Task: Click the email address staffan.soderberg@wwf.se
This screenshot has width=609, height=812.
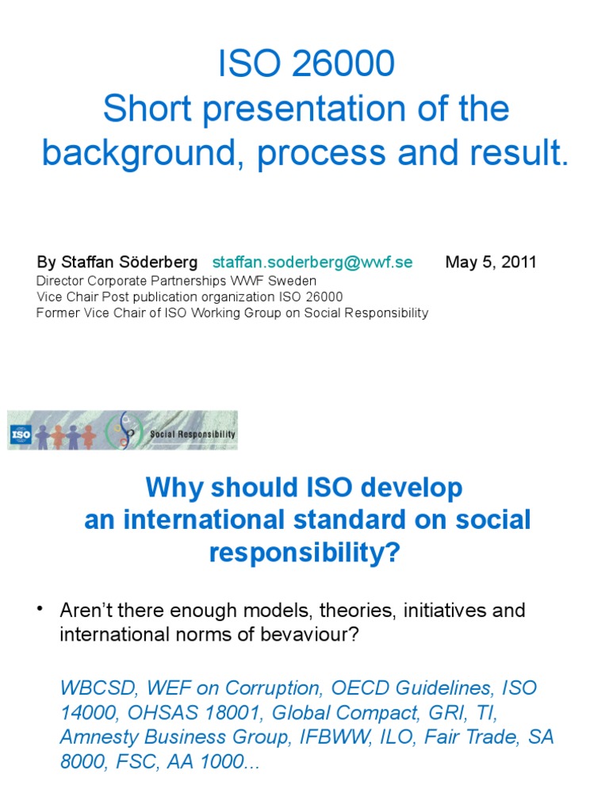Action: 312,262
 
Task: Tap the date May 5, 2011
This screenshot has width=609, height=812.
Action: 491,262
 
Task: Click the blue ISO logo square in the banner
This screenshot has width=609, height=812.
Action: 21,434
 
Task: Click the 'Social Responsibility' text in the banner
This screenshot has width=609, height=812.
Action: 193,435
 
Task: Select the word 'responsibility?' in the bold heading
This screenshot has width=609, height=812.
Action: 304,553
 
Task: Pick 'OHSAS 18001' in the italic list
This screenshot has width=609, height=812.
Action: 170,712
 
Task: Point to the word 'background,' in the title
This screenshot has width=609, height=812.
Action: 143,153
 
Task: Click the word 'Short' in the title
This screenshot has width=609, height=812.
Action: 148,109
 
